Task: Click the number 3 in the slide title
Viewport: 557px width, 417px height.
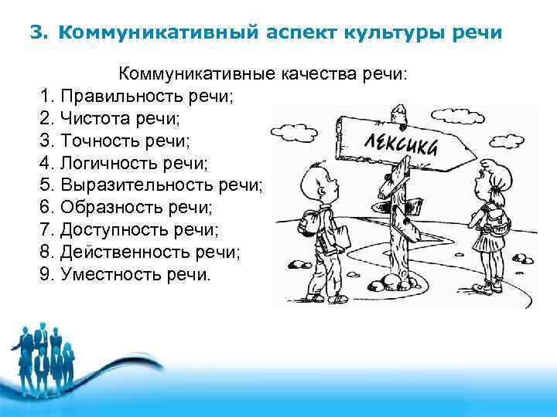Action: [34, 33]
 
